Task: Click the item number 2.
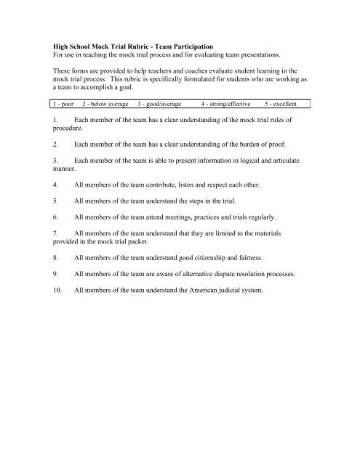(56, 145)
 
